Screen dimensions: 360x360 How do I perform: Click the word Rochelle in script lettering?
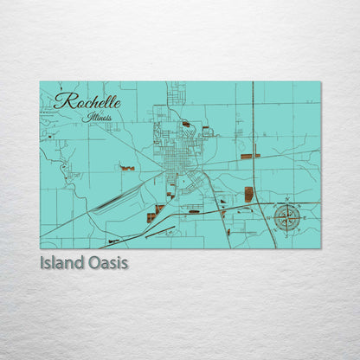coord(87,101)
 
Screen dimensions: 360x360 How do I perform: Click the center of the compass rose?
coord(286,216)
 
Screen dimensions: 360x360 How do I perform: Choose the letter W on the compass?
coord(272,216)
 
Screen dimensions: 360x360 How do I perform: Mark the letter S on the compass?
coord(286,231)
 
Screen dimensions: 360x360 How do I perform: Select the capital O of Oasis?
coord(92,260)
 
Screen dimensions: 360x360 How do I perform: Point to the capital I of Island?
coord(42,260)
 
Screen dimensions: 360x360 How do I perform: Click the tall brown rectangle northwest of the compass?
coord(249,194)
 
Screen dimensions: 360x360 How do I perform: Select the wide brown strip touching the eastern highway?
coord(250,157)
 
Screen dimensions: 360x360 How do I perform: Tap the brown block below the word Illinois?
coord(127,168)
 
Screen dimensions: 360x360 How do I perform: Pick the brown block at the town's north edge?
coord(186,124)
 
